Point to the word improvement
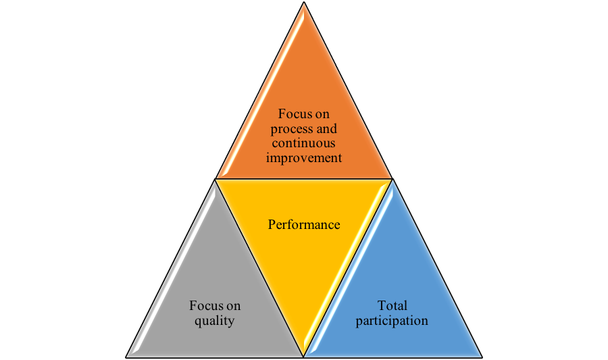pyautogui.click(x=303, y=157)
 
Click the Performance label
pyautogui.click(x=303, y=224)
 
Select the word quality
pyautogui.click(x=214, y=320)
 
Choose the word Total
pyautogui.click(x=392, y=305)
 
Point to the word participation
pyautogui.click(x=392, y=320)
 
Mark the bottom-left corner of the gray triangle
pyautogui.click(x=128, y=355)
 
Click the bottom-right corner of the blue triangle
pyautogui.click(x=480, y=355)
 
